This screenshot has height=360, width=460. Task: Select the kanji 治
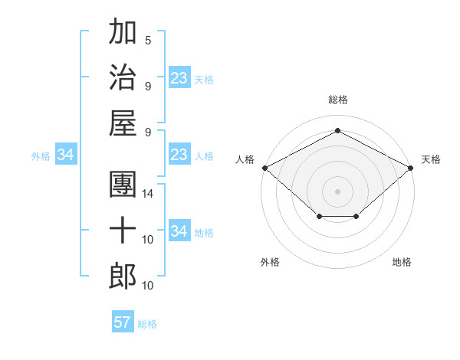[123, 76]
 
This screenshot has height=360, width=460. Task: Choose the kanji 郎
[123, 275]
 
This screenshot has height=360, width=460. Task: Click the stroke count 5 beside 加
[148, 41]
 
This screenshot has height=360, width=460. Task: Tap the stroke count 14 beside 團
[148, 194]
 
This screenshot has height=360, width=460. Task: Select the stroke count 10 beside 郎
[148, 285]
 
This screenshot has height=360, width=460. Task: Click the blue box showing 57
[123, 322]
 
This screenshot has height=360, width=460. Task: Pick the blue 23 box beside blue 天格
[179, 79]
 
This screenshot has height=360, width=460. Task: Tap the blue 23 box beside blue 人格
[179, 155]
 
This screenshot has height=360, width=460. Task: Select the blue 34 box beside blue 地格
[179, 232]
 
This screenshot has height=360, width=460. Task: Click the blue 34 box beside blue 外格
[65, 155]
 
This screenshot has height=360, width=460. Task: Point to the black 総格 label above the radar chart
[338, 100]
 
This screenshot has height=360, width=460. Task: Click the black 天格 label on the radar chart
[431, 159]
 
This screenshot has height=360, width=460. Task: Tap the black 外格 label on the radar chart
[270, 262]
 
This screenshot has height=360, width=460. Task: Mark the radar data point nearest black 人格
[264, 168]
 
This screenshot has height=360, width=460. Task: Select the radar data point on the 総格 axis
[338, 130]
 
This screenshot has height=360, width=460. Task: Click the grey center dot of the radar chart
[338, 191]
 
